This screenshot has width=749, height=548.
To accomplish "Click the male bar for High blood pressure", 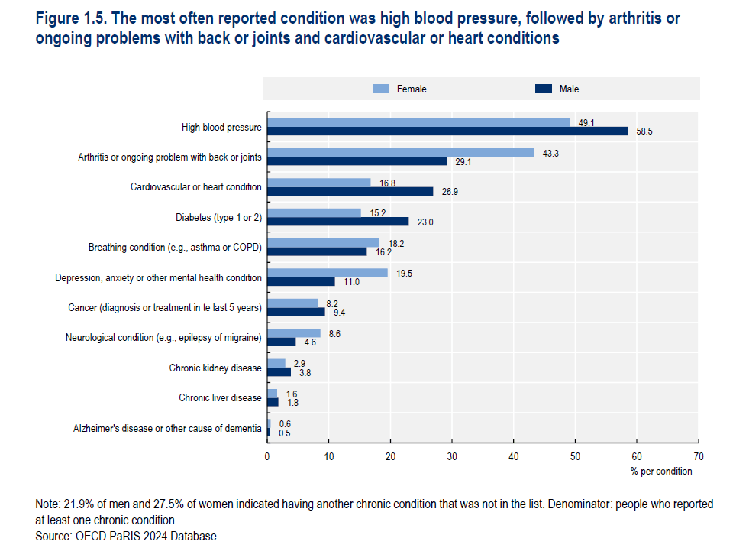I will coord(447,131).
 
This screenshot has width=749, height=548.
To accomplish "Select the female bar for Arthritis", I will coord(400,152).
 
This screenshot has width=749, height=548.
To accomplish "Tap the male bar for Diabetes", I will coord(337,222).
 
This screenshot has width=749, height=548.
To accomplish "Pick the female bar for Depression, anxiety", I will coord(327,273).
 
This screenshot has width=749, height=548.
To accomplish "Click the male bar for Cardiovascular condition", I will coord(350,191).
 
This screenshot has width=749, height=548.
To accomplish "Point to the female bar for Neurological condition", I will coord(293,332).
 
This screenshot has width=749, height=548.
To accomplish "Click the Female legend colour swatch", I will coord(381,89).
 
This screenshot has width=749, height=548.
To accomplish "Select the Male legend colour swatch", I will coord(543,89).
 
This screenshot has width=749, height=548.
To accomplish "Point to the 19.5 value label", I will coord(405,273).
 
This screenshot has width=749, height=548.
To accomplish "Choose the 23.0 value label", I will coord(425,222).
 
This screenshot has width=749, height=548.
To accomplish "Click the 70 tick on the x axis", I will coord(698,456).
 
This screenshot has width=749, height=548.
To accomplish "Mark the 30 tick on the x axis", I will coord(451,456).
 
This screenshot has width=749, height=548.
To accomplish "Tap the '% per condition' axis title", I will coord(661,472).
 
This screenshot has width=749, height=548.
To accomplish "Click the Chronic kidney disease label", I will coord(215,368).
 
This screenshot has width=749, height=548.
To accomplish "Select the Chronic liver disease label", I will coord(220,398).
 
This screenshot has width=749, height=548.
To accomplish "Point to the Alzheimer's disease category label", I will coord(167,428).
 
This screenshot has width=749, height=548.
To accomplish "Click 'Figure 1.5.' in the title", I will coord(73,18).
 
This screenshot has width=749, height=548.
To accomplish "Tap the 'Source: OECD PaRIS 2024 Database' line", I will coord(128,537).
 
